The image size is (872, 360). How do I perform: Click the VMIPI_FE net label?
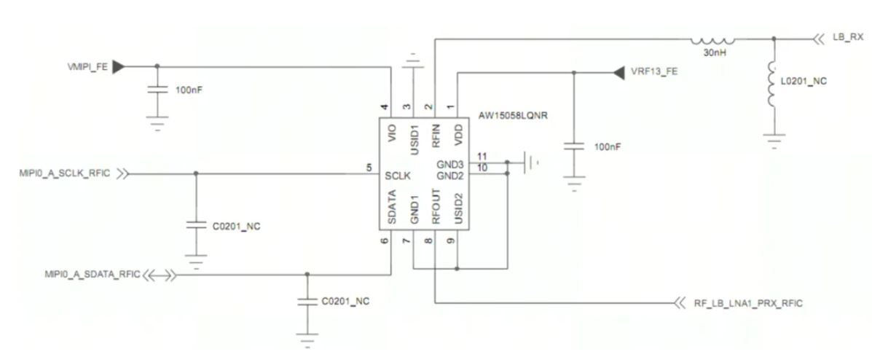click(x=87, y=66)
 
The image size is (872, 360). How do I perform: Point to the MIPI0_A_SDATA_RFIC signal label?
click(x=91, y=274)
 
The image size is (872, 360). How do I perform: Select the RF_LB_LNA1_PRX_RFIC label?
click(x=749, y=302)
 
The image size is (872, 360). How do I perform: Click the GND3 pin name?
click(x=451, y=165)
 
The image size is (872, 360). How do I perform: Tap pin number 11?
click(x=482, y=157)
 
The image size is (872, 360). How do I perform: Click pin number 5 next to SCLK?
click(x=370, y=168)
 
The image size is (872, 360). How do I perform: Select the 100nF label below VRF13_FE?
click(x=607, y=146)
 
